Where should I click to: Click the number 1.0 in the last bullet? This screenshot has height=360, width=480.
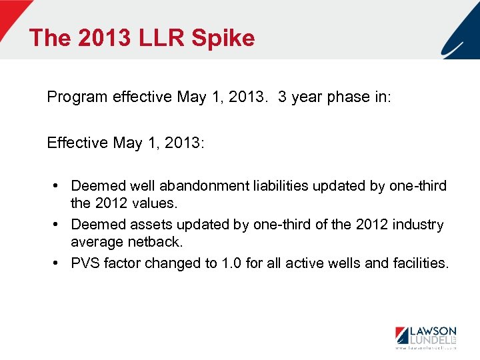point(231,263)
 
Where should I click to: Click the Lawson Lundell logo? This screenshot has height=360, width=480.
point(425,335)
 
